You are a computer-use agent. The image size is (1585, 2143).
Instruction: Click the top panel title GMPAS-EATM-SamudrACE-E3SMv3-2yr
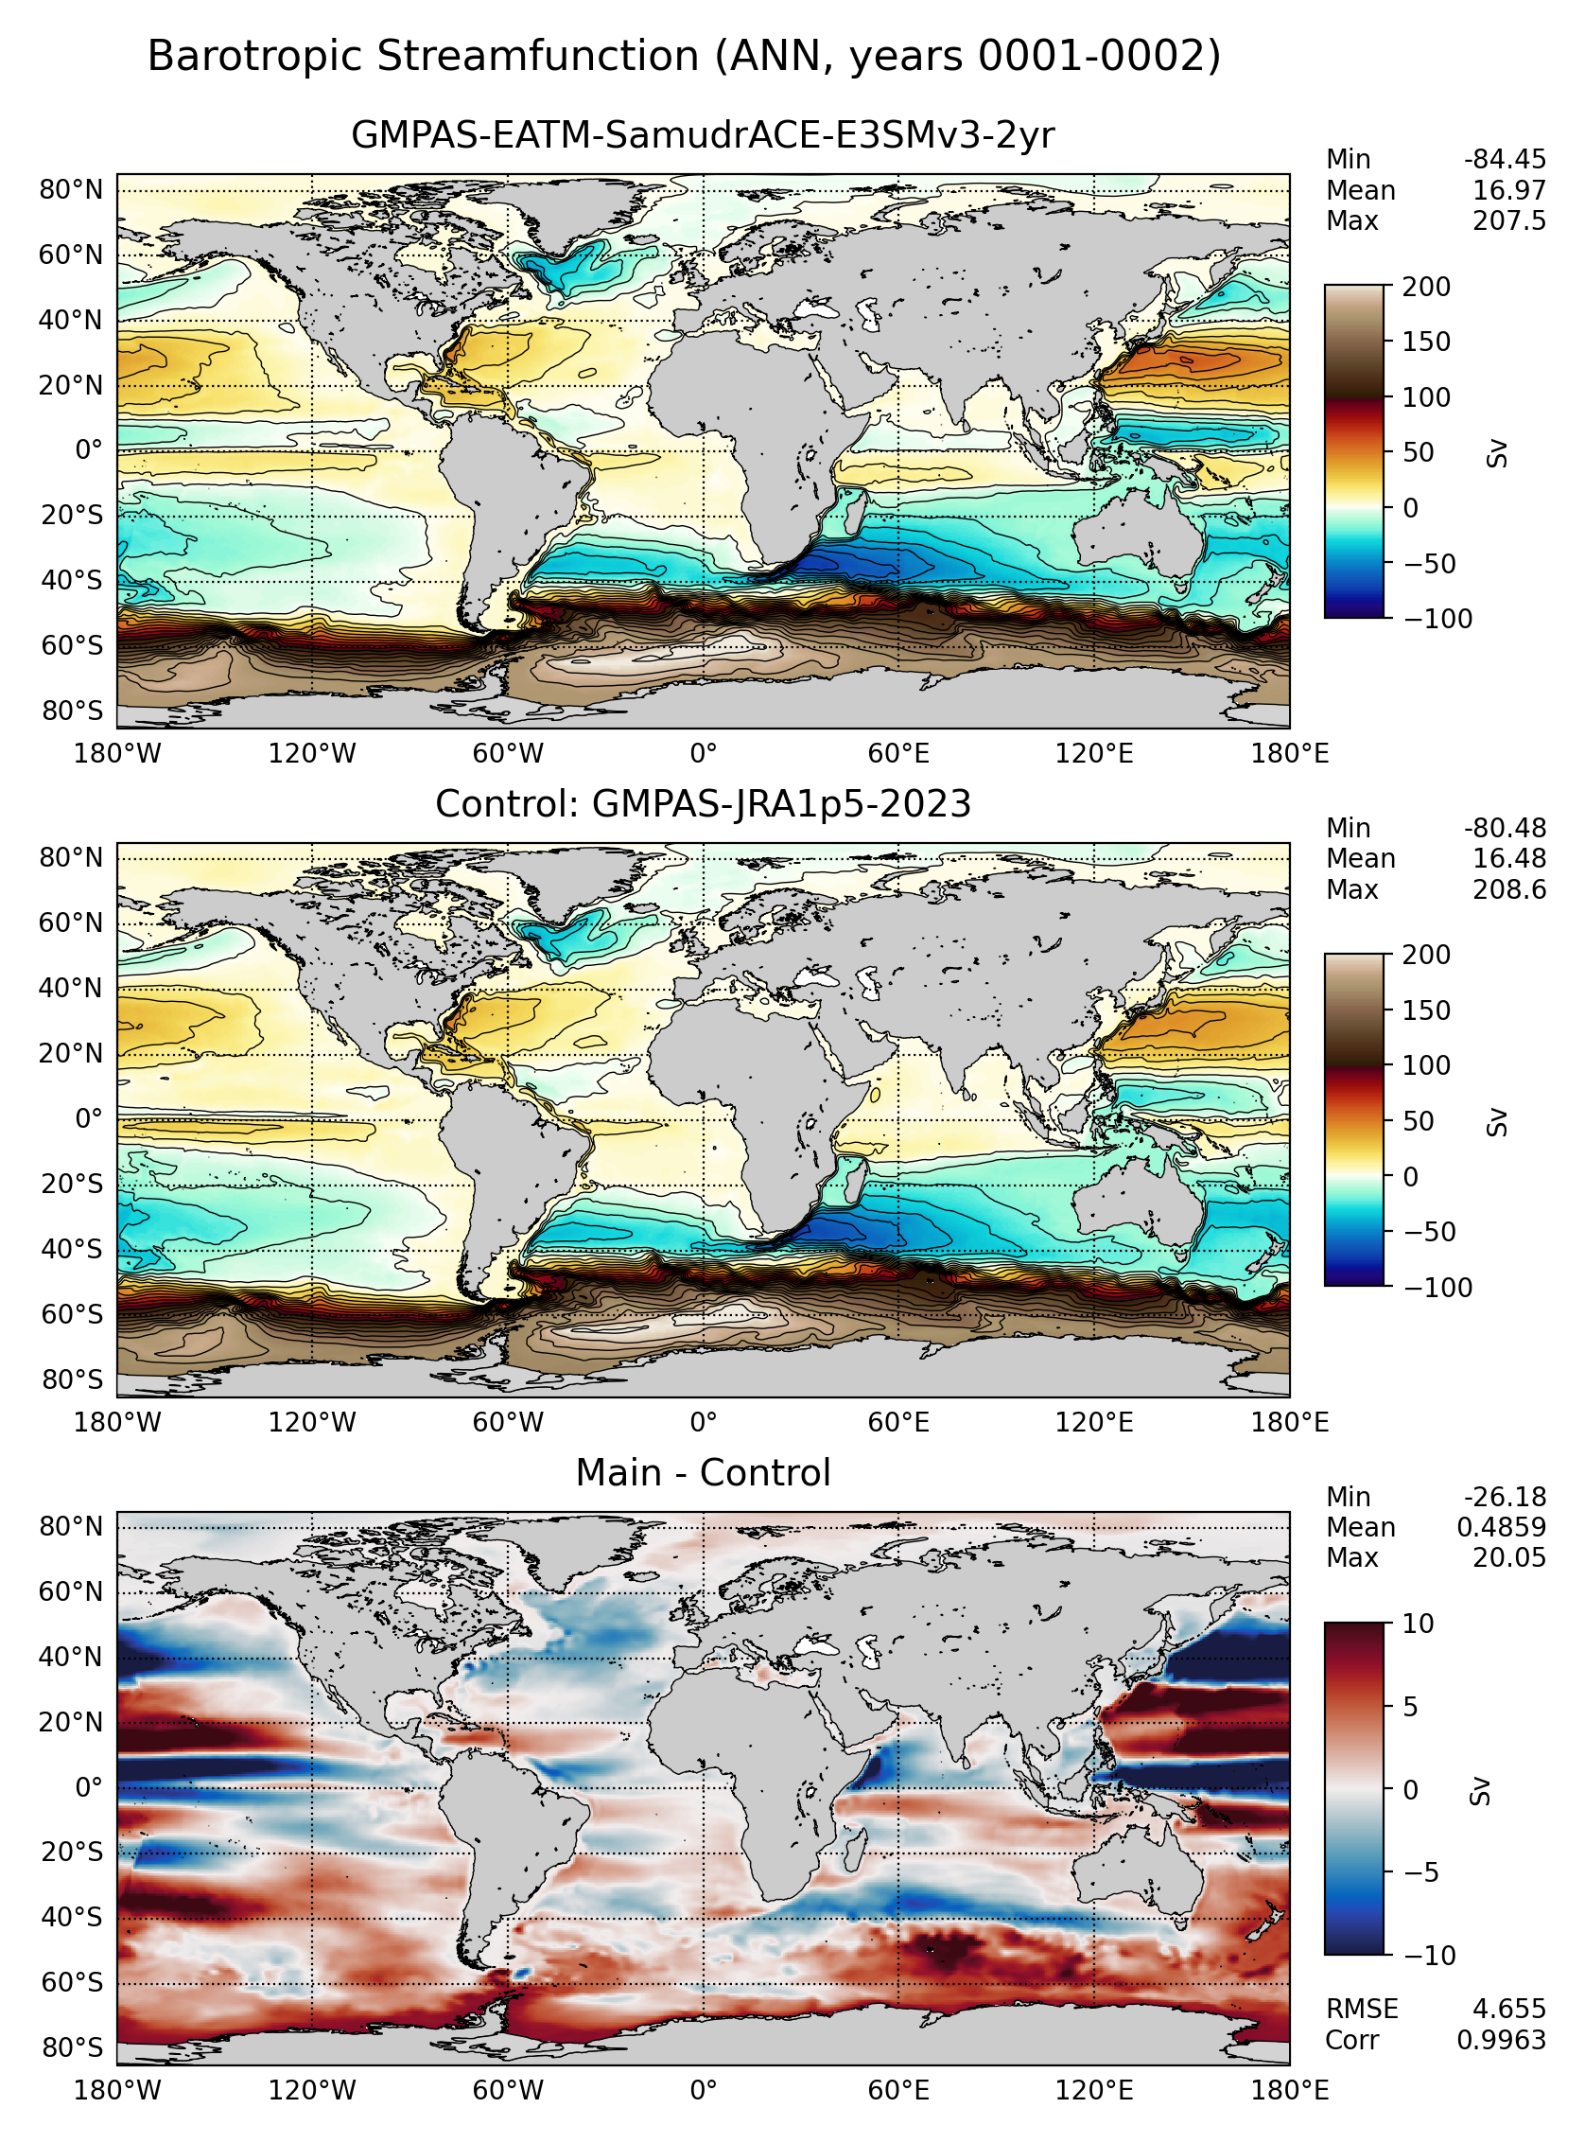703,135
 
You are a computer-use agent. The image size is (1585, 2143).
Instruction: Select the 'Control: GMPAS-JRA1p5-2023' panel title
703,804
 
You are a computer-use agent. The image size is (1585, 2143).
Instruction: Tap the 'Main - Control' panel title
703,1473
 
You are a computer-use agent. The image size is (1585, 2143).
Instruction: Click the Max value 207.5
1509,221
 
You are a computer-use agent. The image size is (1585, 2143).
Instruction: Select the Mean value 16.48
1509,859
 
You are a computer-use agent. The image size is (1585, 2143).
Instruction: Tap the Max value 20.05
1509,1557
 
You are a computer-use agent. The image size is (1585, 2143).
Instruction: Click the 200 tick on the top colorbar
1426,287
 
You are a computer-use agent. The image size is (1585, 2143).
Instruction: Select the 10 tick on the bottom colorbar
1417,1624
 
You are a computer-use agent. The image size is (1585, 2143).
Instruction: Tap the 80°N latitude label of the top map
71,190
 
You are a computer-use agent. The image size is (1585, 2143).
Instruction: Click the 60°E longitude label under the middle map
898,1422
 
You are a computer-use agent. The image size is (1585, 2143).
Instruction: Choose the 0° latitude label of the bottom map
88,1788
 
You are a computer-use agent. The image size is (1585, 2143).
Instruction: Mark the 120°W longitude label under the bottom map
312,2091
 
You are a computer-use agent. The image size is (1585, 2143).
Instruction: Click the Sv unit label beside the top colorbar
1497,453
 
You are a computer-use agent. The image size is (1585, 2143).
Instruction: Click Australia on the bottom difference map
1137,1870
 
